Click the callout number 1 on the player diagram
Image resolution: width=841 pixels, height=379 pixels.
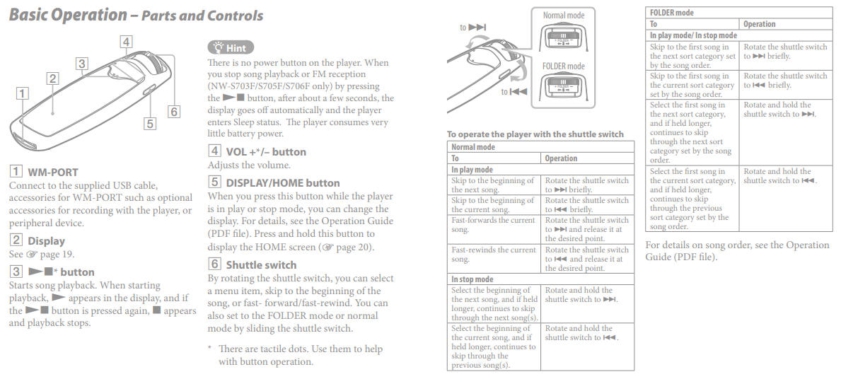point(23,93)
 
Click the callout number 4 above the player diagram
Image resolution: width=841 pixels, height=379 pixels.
point(126,42)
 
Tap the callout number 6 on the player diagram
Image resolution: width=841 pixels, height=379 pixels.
point(174,111)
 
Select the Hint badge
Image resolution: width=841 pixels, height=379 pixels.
point(228,47)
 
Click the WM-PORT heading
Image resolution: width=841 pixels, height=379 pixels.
point(52,172)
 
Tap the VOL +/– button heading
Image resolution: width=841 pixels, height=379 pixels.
point(266,151)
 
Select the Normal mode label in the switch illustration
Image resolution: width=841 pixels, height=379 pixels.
point(564,15)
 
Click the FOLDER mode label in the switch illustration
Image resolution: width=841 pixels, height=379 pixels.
point(564,66)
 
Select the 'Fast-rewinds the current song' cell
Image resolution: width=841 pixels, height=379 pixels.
point(494,255)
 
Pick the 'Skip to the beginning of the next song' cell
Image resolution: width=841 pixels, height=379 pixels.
point(494,185)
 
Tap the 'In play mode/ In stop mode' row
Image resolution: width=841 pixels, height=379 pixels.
point(693,35)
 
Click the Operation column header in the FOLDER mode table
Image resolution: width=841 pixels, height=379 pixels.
point(760,24)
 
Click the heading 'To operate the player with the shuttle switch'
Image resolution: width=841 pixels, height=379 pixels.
point(535,134)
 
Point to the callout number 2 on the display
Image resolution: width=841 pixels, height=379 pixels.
point(52,78)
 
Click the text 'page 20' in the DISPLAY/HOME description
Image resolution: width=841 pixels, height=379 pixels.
point(349,247)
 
